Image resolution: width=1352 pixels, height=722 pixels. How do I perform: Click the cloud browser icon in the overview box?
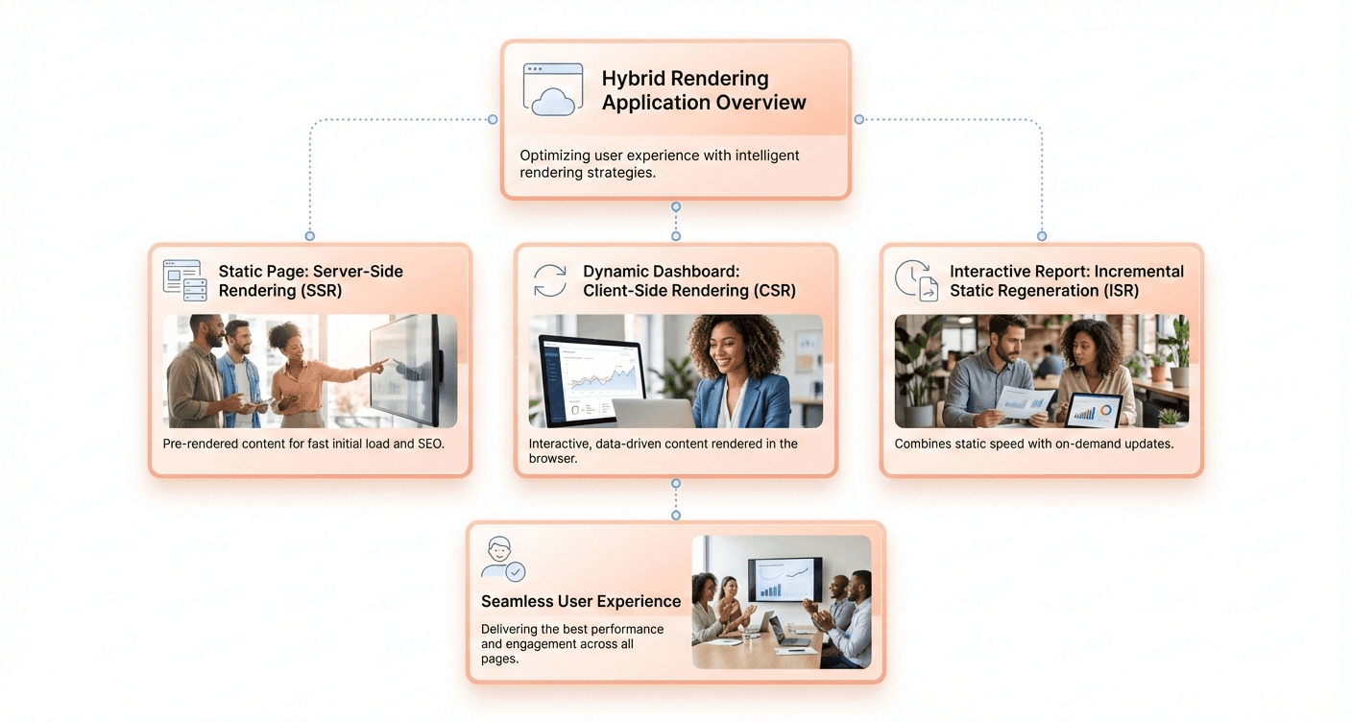click(x=553, y=89)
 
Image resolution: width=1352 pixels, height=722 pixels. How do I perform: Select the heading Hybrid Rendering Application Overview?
click(x=703, y=90)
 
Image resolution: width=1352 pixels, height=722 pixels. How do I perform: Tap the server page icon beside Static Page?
click(x=184, y=280)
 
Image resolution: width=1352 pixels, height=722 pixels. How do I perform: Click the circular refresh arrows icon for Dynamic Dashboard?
click(x=550, y=281)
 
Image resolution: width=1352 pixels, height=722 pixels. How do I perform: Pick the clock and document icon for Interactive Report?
click(x=916, y=280)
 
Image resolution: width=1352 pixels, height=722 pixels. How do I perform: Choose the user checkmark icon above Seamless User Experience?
click(x=502, y=559)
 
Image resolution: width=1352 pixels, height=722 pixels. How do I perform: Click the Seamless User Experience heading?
click(x=581, y=601)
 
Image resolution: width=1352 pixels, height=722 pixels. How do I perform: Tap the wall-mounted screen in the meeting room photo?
click(x=785, y=579)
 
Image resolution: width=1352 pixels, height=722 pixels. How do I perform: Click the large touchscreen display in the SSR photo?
click(x=407, y=369)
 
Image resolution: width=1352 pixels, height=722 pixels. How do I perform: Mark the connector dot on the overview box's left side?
click(x=493, y=120)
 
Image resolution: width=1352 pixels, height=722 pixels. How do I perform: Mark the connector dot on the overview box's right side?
click(x=858, y=120)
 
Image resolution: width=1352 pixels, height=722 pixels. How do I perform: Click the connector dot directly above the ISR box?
click(x=1042, y=235)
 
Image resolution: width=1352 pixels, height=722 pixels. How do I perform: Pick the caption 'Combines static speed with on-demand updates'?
click(x=1033, y=444)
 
